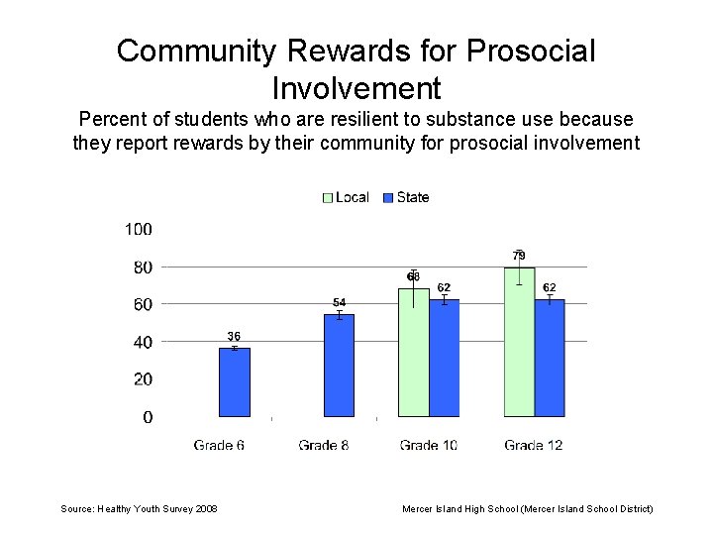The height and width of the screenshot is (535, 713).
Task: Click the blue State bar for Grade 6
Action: (235, 382)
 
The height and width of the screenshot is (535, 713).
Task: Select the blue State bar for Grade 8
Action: (340, 366)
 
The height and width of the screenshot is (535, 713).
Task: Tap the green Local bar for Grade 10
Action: (413, 353)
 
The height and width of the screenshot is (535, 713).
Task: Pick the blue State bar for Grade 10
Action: (445, 358)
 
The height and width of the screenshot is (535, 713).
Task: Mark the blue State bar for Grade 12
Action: (550, 358)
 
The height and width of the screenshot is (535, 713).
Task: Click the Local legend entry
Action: (346, 197)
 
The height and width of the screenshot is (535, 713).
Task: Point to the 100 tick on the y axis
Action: (139, 229)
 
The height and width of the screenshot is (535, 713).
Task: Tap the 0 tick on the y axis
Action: (148, 417)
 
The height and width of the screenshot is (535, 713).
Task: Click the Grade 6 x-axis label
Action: (219, 445)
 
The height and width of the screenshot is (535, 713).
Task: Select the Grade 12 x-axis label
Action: (533, 445)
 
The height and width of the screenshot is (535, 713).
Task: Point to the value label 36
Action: (234, 337)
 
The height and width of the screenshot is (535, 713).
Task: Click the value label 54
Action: (339, 302)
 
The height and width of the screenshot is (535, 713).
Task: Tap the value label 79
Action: (519, 256)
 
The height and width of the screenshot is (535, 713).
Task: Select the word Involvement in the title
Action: (356, 88)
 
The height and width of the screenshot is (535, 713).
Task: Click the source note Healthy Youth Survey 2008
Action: (140, 508)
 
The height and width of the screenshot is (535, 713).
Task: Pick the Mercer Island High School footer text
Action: (527, 508)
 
